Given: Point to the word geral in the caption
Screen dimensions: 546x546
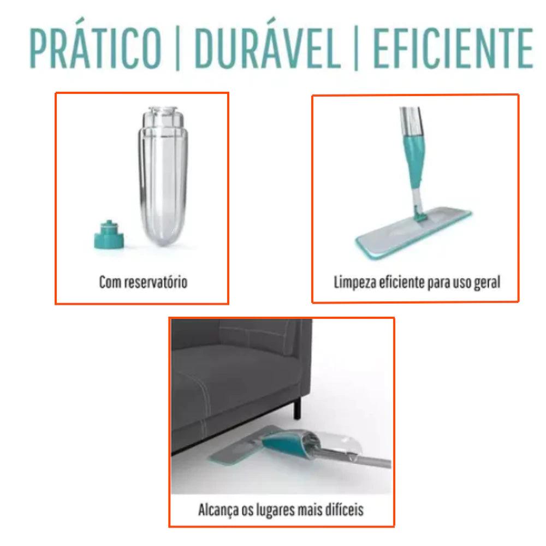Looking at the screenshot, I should (487, 282).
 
